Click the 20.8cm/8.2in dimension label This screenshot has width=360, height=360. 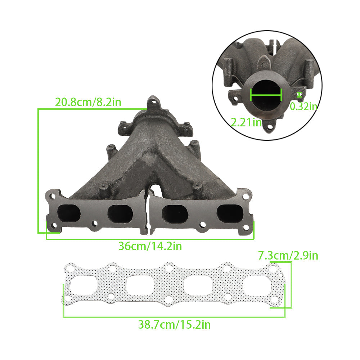tap(88, 102)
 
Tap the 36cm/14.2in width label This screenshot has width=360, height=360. tap(150, 246)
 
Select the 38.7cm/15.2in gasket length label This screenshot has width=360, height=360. tap(175, 325)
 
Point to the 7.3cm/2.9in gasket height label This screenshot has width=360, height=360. tap(288, 256)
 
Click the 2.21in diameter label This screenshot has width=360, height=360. tap(246, 122)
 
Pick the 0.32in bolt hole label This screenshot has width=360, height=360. tap(303, 106)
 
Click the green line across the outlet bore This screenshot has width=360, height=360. tap(266, 95)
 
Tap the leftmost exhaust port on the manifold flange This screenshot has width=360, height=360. tap(69, 213)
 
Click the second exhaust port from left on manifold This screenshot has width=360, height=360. tap(120, 213)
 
